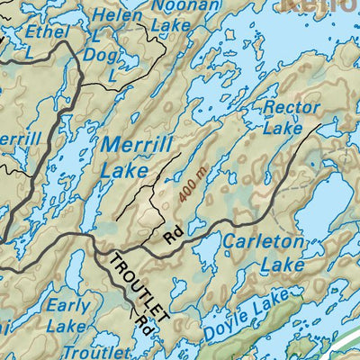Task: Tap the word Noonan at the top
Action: coord(184,6)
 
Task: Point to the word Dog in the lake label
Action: coord(102,55)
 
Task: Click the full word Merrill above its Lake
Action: coord(135,143)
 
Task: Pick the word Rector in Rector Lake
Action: coord(291,107)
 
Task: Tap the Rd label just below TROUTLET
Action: coord(142,317)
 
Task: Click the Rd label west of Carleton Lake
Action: coord(174,236)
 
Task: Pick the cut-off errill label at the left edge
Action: coord(20,139)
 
